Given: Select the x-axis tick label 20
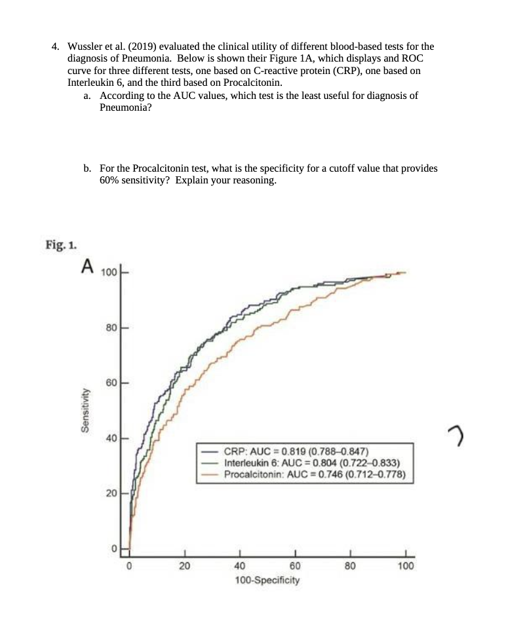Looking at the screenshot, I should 184,567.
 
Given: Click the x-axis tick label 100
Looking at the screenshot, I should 406,567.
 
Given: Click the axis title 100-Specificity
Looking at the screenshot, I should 267,580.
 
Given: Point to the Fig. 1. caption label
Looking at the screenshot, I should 61,246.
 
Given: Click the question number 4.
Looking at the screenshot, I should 56,47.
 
